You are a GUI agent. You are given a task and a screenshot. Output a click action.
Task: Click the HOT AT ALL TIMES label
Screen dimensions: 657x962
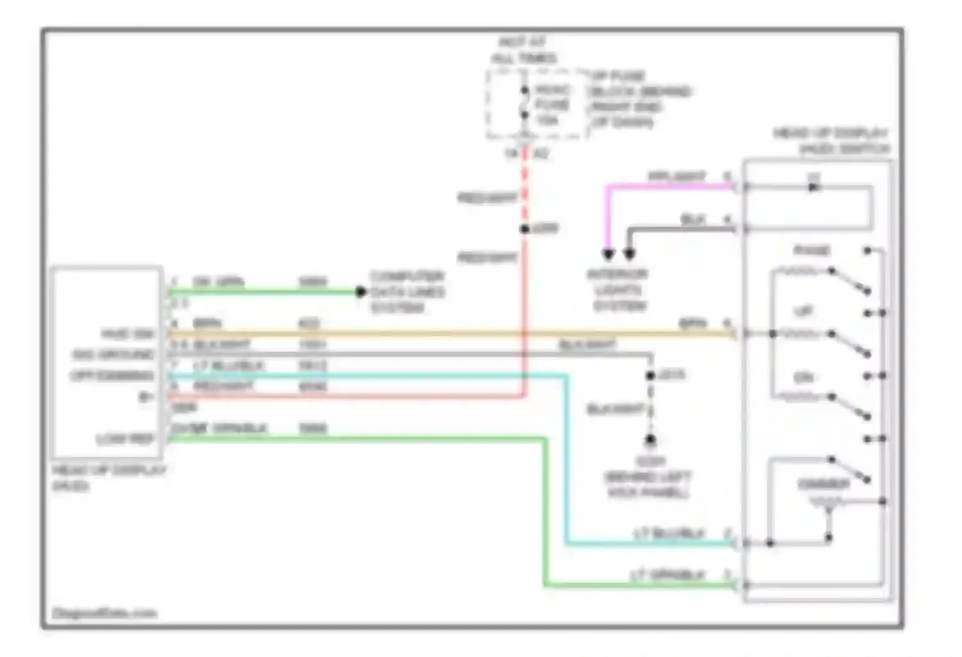tap(524, 51)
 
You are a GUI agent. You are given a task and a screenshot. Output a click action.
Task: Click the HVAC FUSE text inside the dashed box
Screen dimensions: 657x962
tap(552, 104)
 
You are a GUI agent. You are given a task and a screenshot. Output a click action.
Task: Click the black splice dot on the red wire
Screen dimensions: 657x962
tap(525, 229)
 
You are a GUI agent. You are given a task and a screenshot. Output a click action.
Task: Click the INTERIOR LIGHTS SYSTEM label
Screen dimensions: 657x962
tap(618, 290)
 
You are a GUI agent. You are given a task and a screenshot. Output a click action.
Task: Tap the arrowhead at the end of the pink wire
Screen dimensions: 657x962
tap(608, 255)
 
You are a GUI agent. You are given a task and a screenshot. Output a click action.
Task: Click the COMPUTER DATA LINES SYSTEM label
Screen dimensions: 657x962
tap(407, 292)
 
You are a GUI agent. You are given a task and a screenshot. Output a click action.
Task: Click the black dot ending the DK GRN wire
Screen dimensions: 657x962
tap(360, 292)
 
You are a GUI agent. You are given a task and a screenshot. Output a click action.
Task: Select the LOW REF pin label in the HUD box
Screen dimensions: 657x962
tap(125, 439)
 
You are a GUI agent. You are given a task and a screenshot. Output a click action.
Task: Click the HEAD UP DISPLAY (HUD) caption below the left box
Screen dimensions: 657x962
tap(109, 478)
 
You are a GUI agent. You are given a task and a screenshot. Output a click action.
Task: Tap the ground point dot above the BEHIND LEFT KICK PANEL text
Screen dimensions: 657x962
tap(650, 440)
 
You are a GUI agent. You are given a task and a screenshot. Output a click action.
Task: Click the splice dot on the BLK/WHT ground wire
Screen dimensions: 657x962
tap(650, 375)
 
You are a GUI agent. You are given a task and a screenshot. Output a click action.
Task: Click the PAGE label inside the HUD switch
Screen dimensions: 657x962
tap(812, 250)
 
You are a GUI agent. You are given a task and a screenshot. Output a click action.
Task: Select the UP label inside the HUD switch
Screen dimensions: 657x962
tap(804, 312)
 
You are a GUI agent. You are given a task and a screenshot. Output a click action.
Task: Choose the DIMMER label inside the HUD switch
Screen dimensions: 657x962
tap(823, 484)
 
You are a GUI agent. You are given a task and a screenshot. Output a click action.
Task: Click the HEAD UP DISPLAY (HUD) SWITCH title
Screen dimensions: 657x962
tap(832, 141)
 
